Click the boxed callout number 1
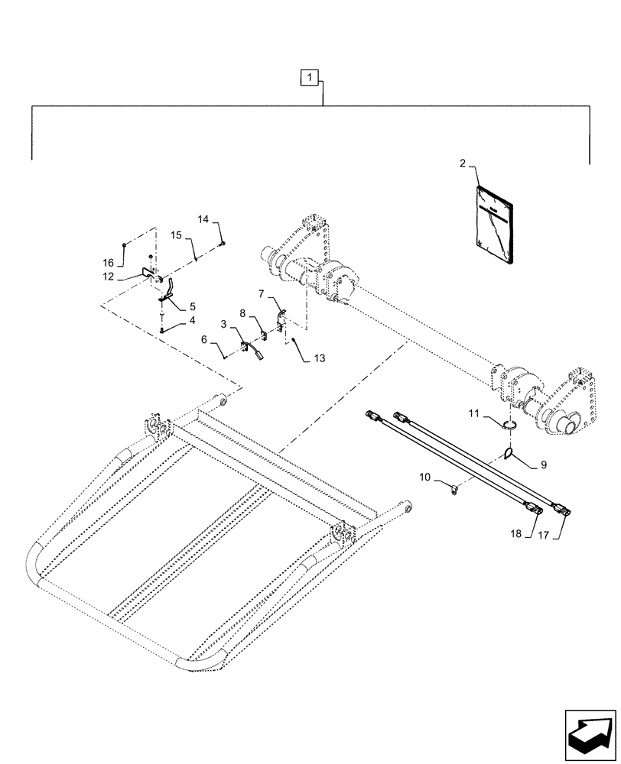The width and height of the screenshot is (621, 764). (308, 76)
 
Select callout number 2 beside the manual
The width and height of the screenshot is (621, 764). (463, 163)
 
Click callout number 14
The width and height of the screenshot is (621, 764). (203, 219)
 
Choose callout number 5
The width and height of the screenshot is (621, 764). (181, 306)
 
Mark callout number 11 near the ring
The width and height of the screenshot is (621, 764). (474, 413)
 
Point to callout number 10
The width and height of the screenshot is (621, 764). (425, 478)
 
